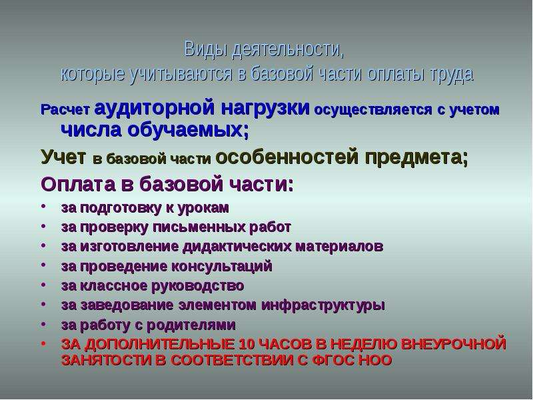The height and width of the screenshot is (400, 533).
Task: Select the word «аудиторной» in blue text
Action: [155, 107]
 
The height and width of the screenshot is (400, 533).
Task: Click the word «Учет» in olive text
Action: [63, 157]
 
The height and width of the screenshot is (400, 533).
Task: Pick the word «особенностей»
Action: [287, 157]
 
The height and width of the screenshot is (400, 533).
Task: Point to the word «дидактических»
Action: [237, 247]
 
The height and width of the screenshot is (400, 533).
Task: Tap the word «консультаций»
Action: [221, 266]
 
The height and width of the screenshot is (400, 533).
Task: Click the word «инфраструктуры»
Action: [323, 305]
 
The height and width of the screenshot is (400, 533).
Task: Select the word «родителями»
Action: [191, 325]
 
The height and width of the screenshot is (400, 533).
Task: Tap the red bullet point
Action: [43, 344]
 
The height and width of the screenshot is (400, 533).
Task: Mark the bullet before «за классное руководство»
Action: [43, 285]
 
